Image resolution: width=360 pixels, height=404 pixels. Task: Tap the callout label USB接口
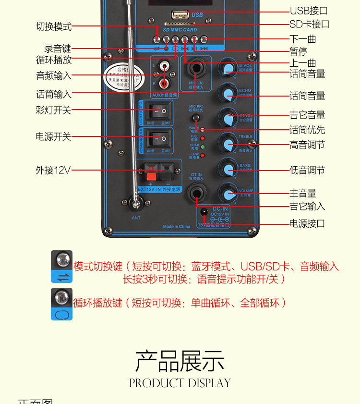click(309, 11)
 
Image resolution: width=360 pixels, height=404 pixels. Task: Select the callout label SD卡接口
click(309, 24)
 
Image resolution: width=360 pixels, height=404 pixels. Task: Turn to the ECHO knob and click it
click(228, 93)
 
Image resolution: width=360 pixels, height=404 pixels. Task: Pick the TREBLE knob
click(228, 143)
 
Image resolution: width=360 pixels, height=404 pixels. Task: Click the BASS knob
click(228, 168)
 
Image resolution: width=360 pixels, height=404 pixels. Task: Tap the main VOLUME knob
click(228, 194)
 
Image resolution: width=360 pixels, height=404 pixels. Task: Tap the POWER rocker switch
click(159, 139)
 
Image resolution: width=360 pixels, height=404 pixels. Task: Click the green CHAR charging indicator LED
click(203, 147)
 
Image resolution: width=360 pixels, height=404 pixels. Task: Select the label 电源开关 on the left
click(53, 137)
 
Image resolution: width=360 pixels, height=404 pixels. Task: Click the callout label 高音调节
click(307, 145)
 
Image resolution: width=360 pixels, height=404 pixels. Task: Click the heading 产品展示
click(180, 361)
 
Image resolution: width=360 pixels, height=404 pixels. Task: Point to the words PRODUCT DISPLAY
click(180, 383)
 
